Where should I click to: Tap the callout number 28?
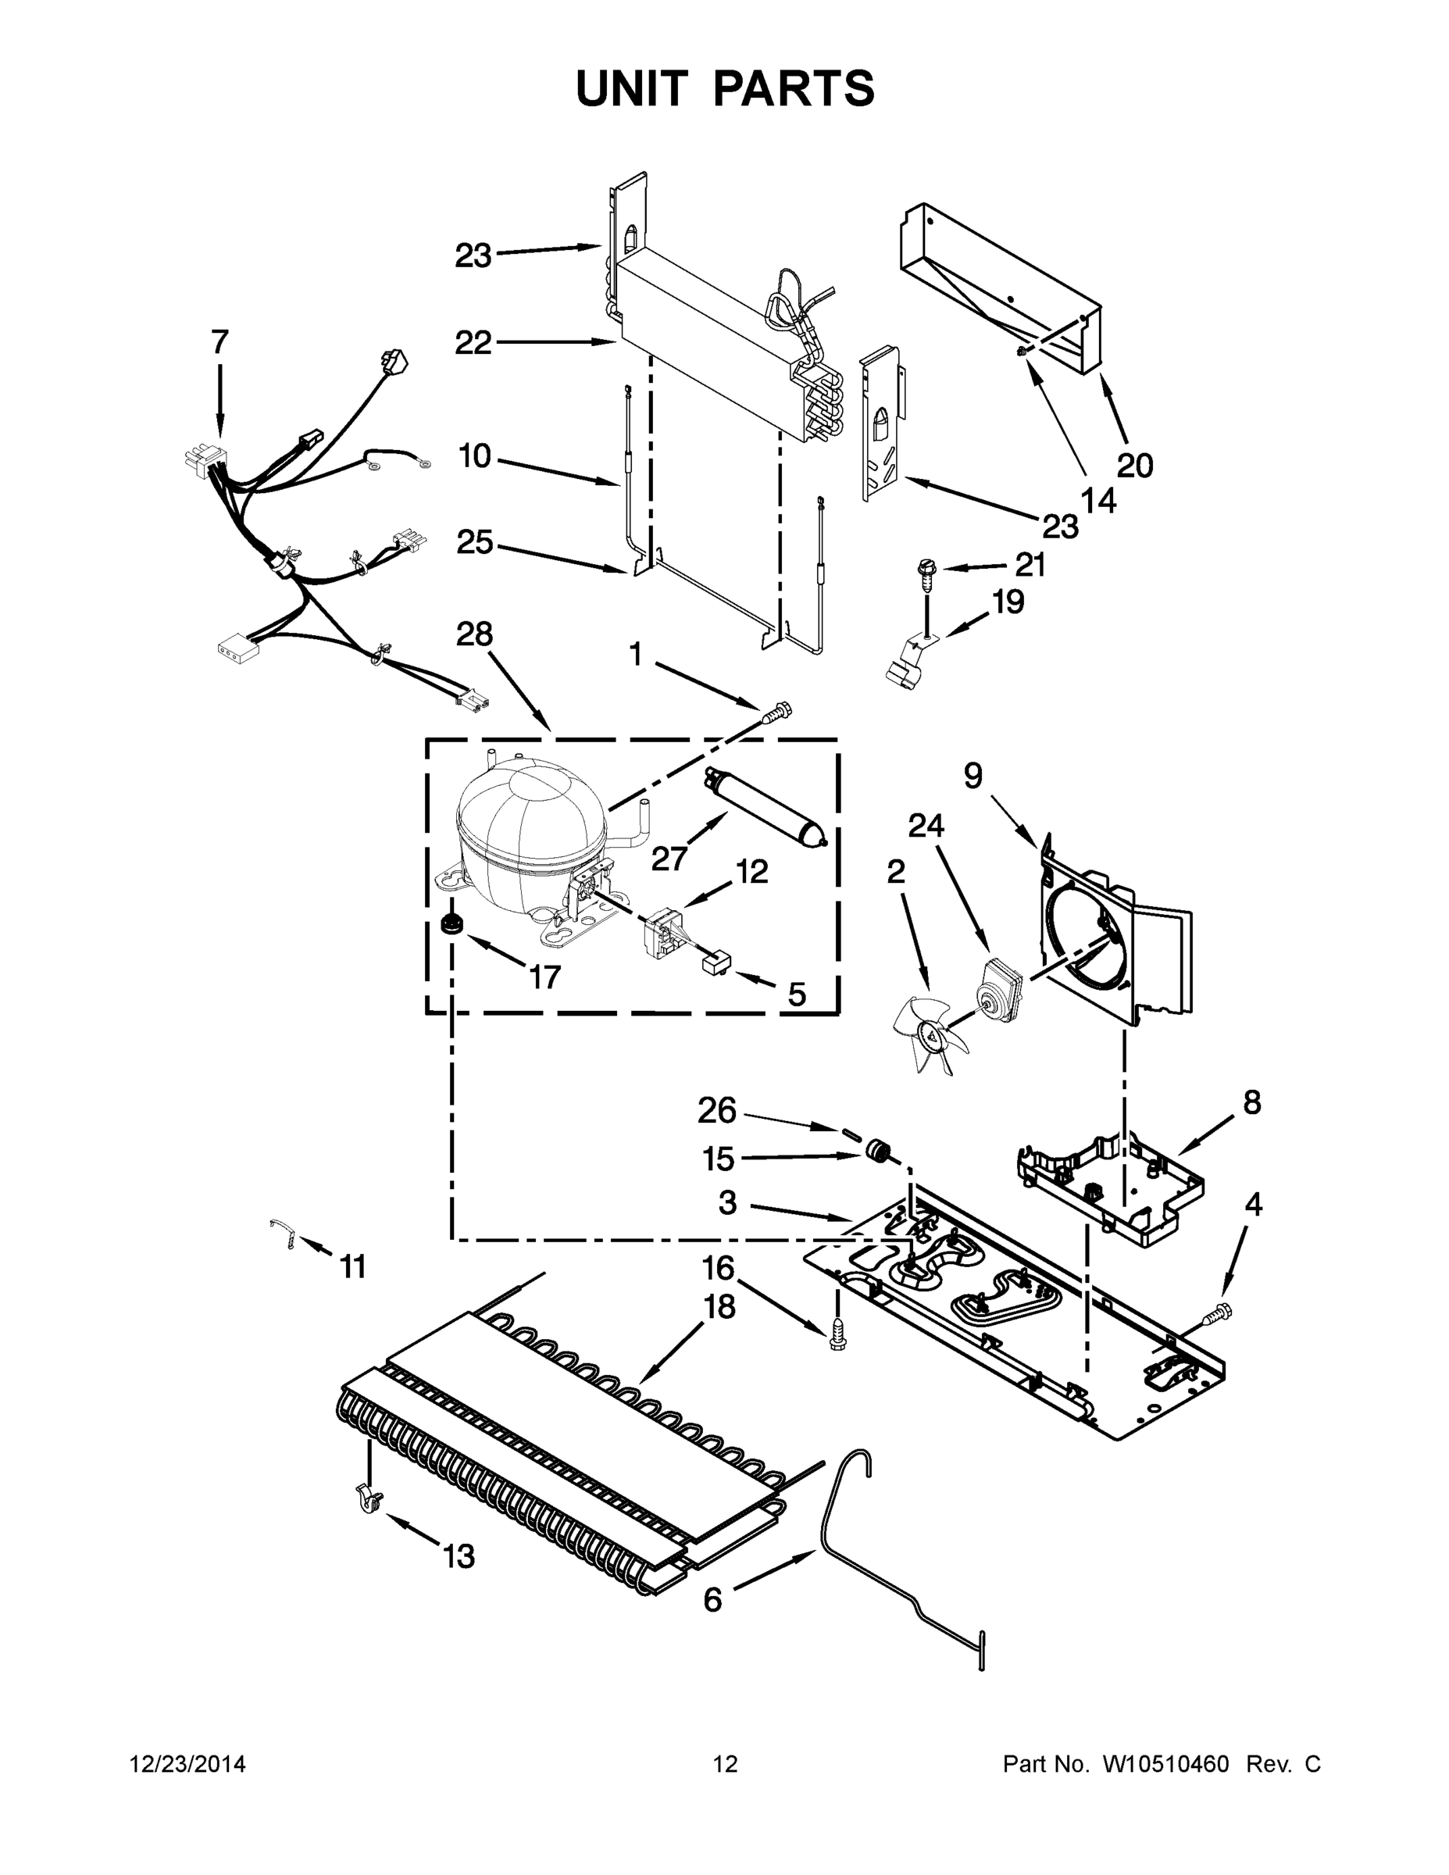[x=474, y=634]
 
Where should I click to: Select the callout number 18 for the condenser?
[x=719, y=1308]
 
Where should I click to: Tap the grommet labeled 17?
[x=449, y=925]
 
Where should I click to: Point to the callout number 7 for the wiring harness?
[x=219, y=341]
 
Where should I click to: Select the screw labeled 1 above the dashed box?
[x=777, y=709]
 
